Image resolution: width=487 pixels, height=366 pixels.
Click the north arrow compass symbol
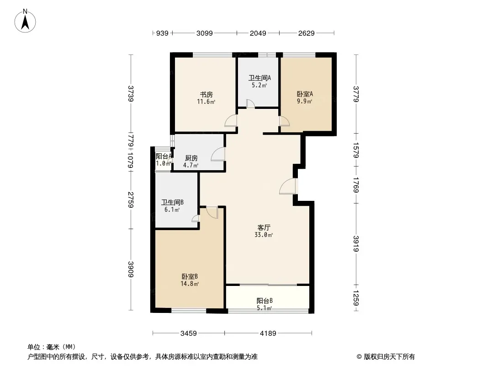click(25, 21)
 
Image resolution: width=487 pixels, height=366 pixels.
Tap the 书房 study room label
click(206, 94)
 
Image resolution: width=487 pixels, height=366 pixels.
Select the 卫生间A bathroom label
click(259, 78)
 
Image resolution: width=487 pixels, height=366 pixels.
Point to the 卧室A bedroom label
click(305, 94)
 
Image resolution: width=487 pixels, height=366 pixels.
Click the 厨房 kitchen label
click(191, 158)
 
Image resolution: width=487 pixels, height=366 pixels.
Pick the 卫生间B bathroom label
click(172, 202)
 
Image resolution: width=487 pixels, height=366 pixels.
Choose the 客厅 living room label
click(264, 227)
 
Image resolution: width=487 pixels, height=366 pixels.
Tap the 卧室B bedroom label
click(190, 276)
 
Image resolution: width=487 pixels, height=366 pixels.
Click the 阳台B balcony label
click(265, 301)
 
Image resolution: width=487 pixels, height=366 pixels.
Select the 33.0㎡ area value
click(264, 235)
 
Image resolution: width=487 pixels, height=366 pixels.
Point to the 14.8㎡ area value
click(190, 284)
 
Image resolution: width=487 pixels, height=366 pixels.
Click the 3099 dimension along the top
click(204, 33)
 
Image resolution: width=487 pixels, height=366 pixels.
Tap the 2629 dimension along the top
click(306, 33)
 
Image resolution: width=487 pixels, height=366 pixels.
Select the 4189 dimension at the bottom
click(268, 334)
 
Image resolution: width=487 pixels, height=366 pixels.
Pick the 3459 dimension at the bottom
click(189, 334)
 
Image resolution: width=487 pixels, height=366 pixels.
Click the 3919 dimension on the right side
click(356, 244)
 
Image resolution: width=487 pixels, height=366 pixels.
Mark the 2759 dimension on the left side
click(131, 200)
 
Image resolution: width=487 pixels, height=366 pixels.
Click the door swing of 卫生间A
click(250, 103)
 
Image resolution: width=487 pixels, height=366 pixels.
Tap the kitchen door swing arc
click(218, 154)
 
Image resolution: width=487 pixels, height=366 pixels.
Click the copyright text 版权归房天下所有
click(389, 357)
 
